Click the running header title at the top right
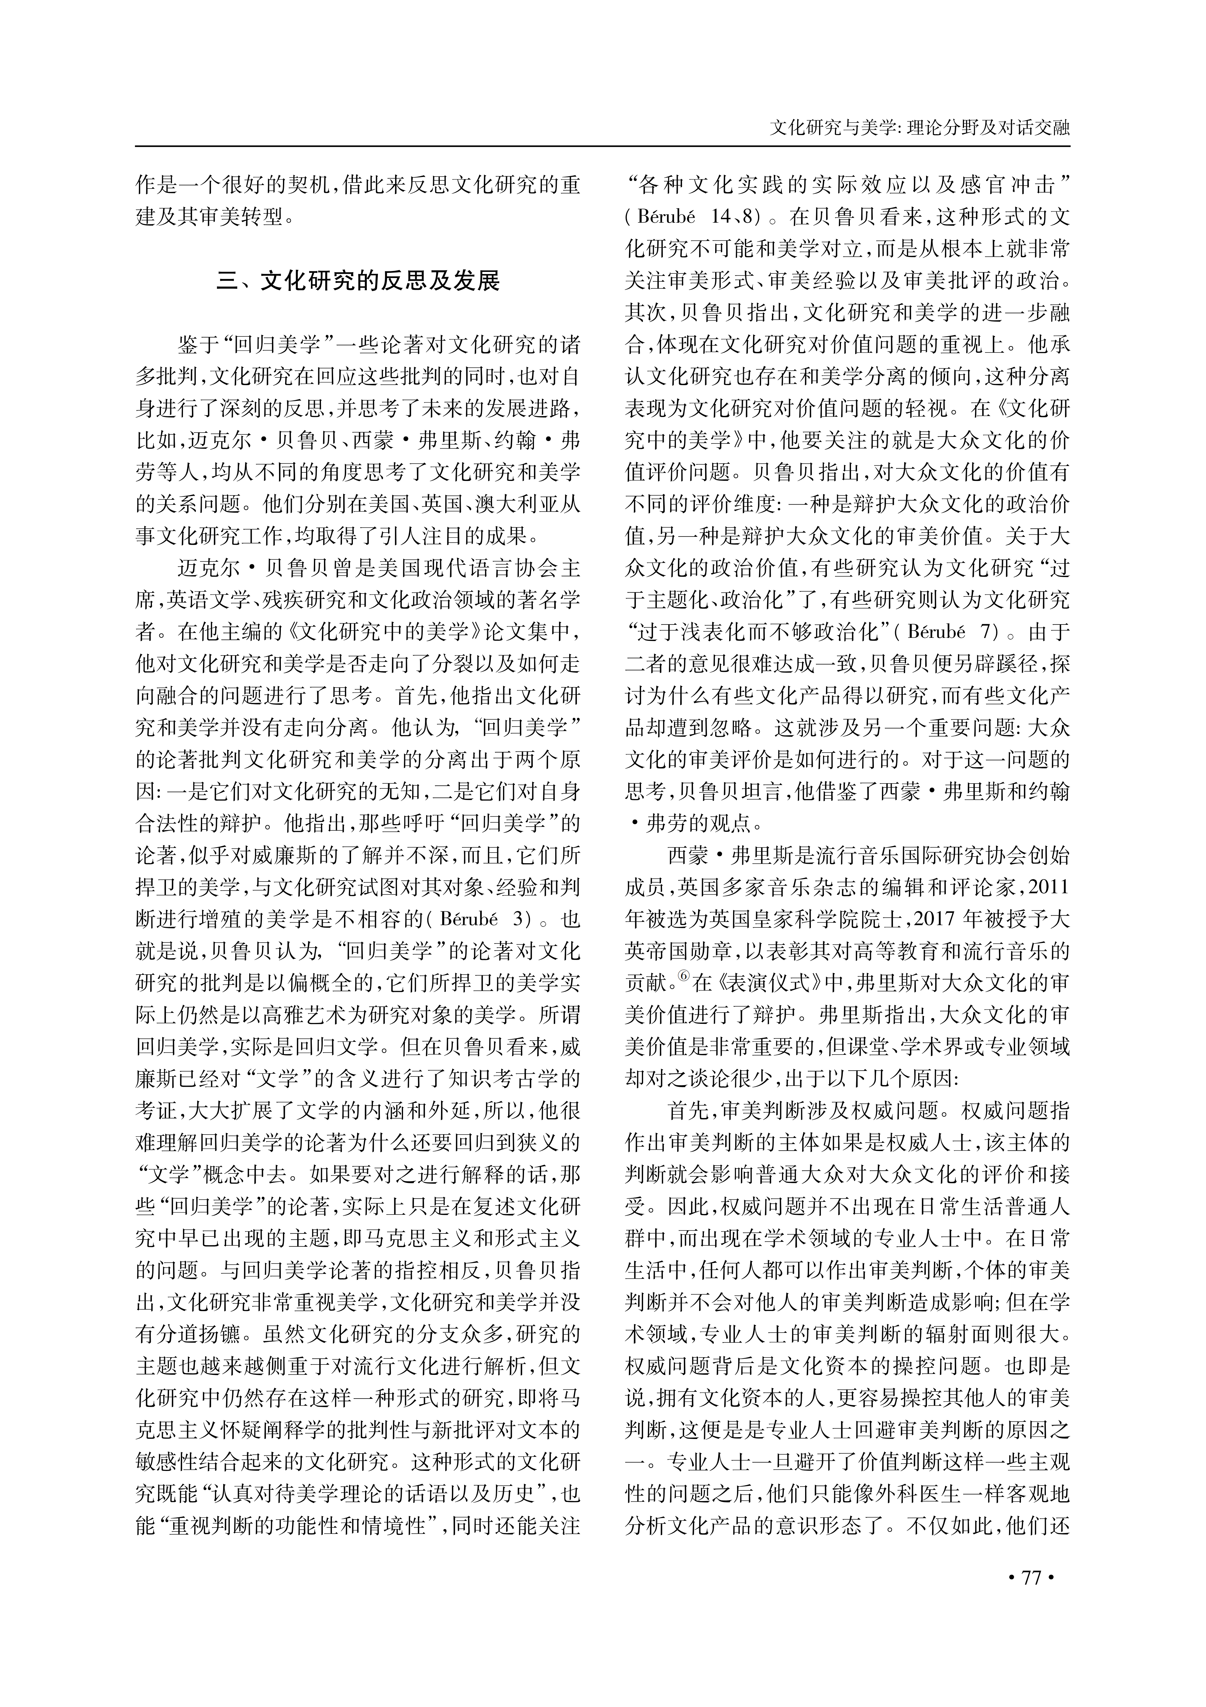click(920, 128)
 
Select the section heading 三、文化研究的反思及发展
click(358, 282)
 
